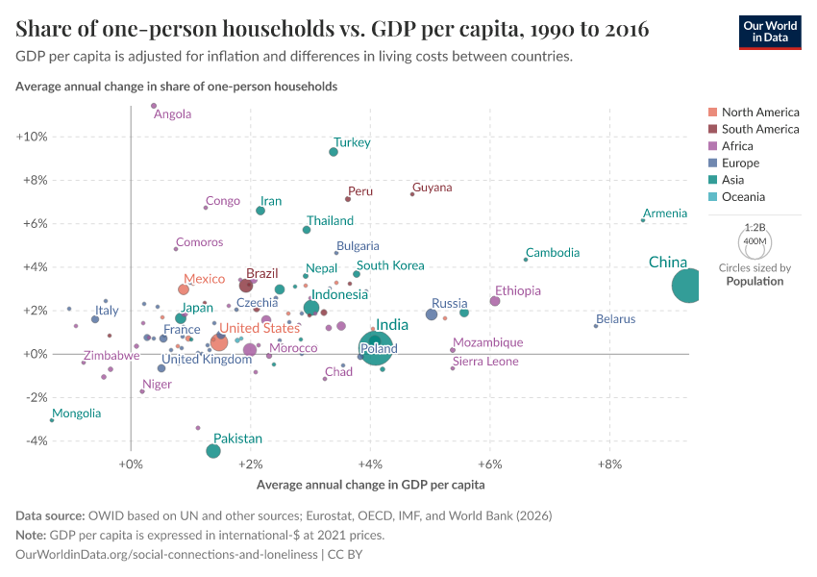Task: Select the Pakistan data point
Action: click(213, 451)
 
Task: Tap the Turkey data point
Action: click(334, 152)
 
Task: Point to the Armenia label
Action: click(665, 213)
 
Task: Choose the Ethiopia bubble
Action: click(495, 301)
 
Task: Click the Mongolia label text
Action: click(76, 414)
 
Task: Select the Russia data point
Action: click(432, 314)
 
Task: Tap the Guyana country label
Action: click(432, 188)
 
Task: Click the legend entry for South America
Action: click(759, 129)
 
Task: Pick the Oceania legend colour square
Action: click(712, 197)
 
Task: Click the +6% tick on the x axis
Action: click(490, 464)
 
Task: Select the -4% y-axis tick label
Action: click(33, 441)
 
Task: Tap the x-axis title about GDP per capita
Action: click(370, 485)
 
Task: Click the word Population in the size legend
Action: click(755, 282)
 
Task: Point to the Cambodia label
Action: click(553, 253)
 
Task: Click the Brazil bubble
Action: click(246, 286)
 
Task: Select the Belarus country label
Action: click(615, 319)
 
